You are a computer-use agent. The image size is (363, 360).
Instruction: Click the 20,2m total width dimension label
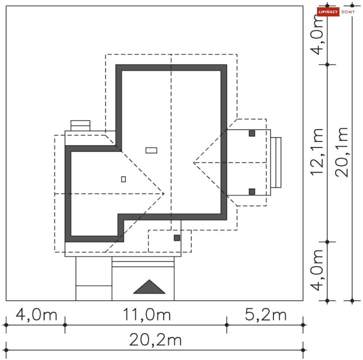[x=155, y=340]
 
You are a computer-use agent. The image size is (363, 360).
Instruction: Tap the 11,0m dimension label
[x=147, y=315]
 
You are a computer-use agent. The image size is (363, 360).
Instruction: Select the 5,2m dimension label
[x=266, y=315]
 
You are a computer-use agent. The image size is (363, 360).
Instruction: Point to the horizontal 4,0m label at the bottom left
[x=36, y=315]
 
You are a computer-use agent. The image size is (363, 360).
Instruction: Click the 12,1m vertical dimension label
[x=316, y=152]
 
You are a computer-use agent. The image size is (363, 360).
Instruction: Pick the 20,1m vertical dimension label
[x=342, y=152]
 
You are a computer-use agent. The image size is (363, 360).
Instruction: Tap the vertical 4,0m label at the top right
[x=316, y=35]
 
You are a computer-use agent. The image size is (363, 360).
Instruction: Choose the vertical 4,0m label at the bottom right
[x=316, y=270]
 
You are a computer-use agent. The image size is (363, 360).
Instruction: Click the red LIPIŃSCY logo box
[x=328, y=12]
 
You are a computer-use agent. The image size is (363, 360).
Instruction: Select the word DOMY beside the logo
[x=348, y=12]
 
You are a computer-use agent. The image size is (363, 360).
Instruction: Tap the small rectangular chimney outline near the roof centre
[x=151, y=150]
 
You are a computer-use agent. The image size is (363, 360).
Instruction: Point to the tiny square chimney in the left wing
[x=124, y=179]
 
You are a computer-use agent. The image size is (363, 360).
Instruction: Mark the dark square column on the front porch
[x=177, y=238]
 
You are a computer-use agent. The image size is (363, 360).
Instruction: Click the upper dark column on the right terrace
[x=252, y=133]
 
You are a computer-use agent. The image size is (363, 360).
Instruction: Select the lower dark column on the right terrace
[x=252, y=191]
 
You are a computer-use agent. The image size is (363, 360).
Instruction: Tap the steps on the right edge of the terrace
[x=276, y=162]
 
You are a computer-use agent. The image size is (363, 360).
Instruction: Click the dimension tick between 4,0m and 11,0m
[x=65, y=325]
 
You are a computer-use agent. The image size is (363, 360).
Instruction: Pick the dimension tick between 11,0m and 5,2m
[x=227, y=325]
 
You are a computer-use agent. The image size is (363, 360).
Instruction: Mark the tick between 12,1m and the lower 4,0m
[x=327, y=242]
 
